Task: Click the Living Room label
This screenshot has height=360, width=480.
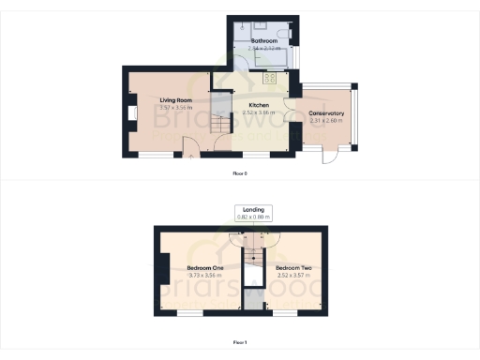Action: (x=175, y=99)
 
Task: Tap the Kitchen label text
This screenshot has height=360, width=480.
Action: (x=259, y=105)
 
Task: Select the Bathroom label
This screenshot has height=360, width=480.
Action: (x=263, y=42)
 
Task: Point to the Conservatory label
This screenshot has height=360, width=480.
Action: (x=327, y=114)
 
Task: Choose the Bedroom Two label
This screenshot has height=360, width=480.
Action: (x=293, y=268)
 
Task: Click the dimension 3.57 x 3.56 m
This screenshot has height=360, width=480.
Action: (x=175, y=107)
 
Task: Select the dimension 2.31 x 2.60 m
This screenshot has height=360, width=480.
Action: (x=327, y=122)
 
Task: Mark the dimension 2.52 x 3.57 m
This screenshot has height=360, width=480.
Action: (x=293, y=276)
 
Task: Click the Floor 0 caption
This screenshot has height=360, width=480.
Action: (x=239, y=173)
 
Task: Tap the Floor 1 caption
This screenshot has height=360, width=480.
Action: (x=239, y=342)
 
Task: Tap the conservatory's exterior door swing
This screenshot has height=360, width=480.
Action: (x=329, y=156)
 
